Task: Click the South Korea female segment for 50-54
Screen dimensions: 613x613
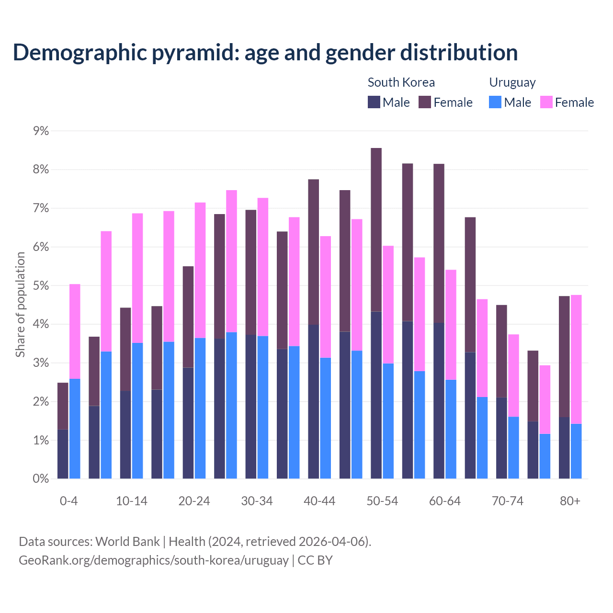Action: coord(376,230)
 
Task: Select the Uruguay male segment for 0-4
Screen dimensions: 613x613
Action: coord(75,429)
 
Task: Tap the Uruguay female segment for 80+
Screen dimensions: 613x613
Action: coord(576,359)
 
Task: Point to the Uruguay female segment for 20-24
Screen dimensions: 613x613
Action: coord(200,270)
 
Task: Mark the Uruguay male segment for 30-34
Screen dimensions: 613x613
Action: coord(263,407)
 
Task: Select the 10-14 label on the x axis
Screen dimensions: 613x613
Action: coord(132,501)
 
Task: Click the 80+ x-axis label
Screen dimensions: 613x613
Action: coord(570,501)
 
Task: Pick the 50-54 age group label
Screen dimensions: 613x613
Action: coord(382,501)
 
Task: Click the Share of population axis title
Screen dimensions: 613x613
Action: coord(21,305)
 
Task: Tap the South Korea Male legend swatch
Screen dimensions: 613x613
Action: coord(374,102)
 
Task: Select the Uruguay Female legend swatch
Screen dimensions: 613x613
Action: coord(546,102)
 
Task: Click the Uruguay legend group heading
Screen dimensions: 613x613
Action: coord(512,82)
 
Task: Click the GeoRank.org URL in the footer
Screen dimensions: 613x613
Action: coord(153,560)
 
